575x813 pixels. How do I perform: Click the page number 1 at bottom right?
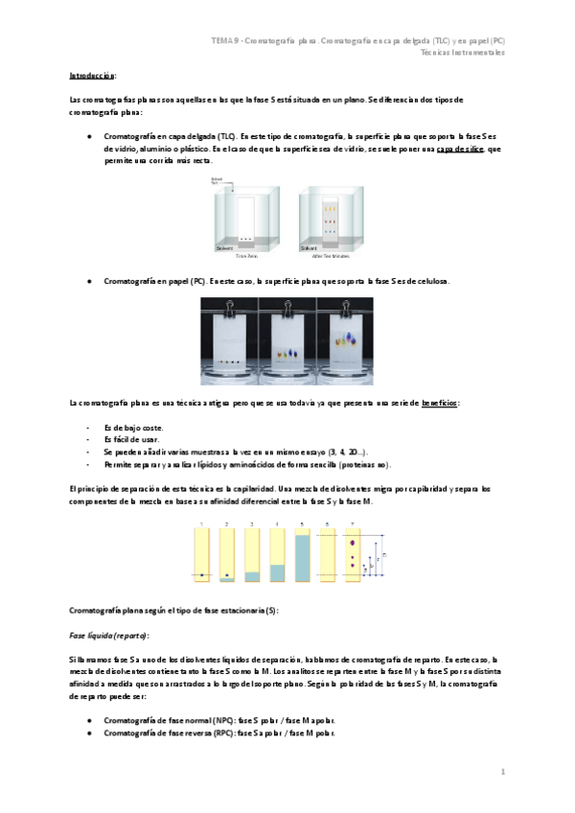502,771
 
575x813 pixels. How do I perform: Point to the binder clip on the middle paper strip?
287,306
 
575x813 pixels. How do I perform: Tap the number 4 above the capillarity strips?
277,524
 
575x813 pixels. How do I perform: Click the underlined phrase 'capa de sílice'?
457,149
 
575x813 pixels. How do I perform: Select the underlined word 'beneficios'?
440,404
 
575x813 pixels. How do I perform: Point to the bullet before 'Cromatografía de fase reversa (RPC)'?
89,733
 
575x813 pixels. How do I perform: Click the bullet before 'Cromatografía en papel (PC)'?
89,281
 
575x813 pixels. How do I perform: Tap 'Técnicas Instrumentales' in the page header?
462,52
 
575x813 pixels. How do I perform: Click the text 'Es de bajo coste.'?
133,427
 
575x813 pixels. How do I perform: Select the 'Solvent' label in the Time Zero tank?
225,247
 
